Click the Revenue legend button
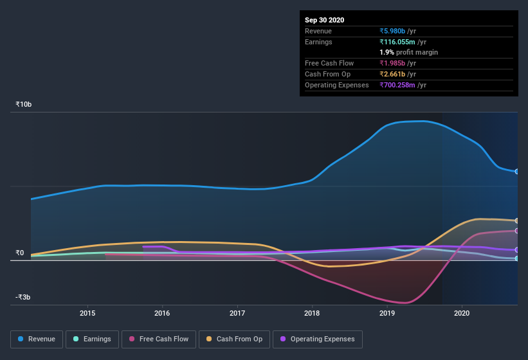click(x=37, y=339)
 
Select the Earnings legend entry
click(x=91, y=339)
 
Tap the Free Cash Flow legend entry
click(x=159, y=339)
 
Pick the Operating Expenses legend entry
click(x=317, y=339)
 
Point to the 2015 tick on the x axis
click(x=87, y=313)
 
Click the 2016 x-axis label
click(x=162, y=313)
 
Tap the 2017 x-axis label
click(x=237, y=313)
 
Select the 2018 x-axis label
click(x=312, y=313)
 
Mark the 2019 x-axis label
click(x=387, y=313)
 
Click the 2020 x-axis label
click(x=462, y=313)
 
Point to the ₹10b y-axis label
click(x=25, y=104)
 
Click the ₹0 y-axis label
click(x=20, y=253)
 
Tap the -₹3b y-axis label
click(x=23, y=297)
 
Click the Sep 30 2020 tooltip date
click(x=324, y=20)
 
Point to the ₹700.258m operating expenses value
click(x=403, y=85)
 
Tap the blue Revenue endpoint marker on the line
click(x=516, y=172)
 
